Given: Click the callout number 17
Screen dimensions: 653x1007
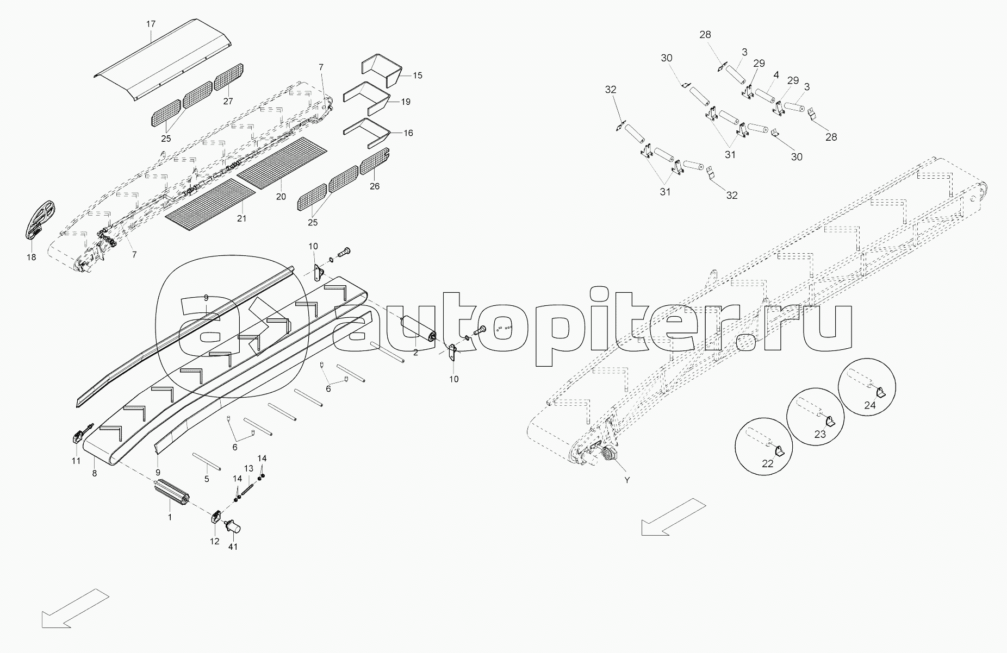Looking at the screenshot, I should pyautogui.click(x=151, y=24).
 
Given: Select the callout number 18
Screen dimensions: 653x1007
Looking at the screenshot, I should pyautogui.click(x=32, y=257).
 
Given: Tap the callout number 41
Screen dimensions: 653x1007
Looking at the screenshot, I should pyautogui.click(x=233, y=547).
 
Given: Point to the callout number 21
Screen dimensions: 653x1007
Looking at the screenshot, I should pyautogui.click(x=241, y=218).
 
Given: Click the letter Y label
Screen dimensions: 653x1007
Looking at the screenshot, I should pyautogui.click(x=627, y=480).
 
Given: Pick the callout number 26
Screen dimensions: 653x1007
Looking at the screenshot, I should pyautogui.click(x=374, y=186).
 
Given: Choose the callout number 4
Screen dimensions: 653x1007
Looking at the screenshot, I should pyautogui.click(x=776, y=74).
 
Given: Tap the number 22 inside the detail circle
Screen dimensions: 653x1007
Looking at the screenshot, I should pyautogui.click(x=767, y=463).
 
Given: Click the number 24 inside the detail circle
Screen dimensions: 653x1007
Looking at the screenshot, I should pyautogui.click(x=870, y=405).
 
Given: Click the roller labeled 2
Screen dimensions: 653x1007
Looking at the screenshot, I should pyautogui.click(x=418, y=329).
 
